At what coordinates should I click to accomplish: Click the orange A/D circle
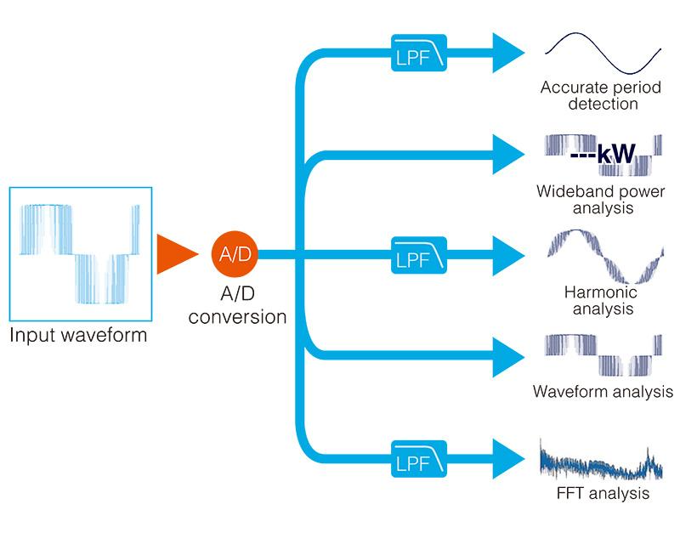coord(235,254)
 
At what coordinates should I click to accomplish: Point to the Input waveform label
coord(78,335)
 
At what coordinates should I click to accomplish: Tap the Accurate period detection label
coord(600,96)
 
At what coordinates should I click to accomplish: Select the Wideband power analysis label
coord(600,200)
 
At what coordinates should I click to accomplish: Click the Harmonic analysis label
coord(600,300)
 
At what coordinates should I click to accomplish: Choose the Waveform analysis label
coord(600,392)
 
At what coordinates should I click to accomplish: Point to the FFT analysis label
coord(600,492)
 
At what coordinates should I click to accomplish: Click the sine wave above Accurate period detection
coord(600,53)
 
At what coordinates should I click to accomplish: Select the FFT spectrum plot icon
coord(600,459)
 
